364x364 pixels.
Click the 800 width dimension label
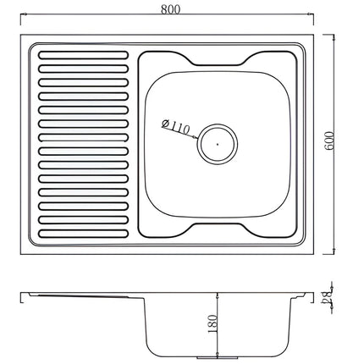(170, 9)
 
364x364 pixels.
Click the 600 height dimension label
(329, 141)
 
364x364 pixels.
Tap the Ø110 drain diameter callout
(175, 127)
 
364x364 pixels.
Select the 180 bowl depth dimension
(213, 323)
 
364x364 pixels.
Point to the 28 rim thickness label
(327, 297)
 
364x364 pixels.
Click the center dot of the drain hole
(218, 144)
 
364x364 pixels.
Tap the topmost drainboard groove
(83, 55)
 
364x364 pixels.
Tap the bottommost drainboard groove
(83, 234)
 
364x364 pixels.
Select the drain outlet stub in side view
(218, 357)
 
